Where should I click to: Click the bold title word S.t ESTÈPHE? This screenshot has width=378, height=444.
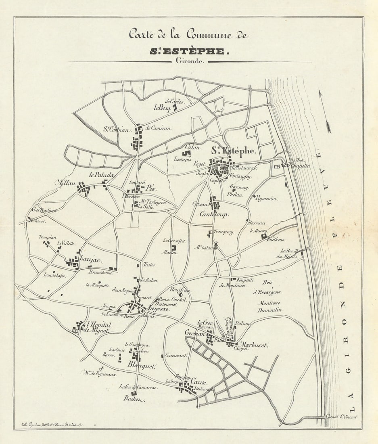189,52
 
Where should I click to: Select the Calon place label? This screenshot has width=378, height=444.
192,147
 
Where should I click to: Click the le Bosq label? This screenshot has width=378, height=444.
163,107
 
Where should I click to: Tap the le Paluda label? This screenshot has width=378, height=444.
102,175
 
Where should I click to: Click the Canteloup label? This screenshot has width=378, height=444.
214,214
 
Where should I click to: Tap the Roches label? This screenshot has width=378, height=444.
134,399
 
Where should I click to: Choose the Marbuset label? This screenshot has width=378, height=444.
254,345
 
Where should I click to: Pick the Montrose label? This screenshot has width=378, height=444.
269,303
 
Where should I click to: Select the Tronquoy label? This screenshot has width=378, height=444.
224,232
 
